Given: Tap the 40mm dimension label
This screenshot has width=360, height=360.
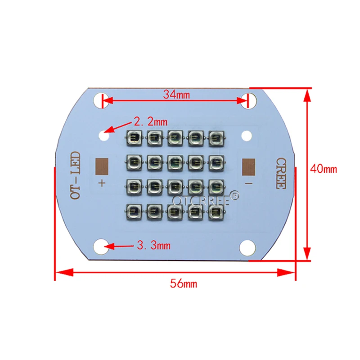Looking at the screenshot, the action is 323,169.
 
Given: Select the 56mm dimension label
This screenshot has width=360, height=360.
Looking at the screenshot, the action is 183,284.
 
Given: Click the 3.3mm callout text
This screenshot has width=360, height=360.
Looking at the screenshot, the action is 153,246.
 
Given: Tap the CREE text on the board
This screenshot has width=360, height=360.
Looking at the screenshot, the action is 280,173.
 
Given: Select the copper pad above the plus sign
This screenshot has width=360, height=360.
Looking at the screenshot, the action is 103,167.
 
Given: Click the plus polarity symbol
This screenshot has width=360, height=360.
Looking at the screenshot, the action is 102,183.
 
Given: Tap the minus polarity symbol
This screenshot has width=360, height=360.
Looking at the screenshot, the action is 248,183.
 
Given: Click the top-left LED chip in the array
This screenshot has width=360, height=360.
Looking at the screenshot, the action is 135,137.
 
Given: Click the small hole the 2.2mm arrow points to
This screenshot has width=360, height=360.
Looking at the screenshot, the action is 104,134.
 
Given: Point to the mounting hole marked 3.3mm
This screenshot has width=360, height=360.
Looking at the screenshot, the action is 102,246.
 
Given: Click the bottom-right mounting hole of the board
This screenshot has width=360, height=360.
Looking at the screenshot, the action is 248,247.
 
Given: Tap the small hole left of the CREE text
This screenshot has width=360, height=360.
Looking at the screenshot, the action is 246,135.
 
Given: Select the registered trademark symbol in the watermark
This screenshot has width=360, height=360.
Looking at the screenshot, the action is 235,196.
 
